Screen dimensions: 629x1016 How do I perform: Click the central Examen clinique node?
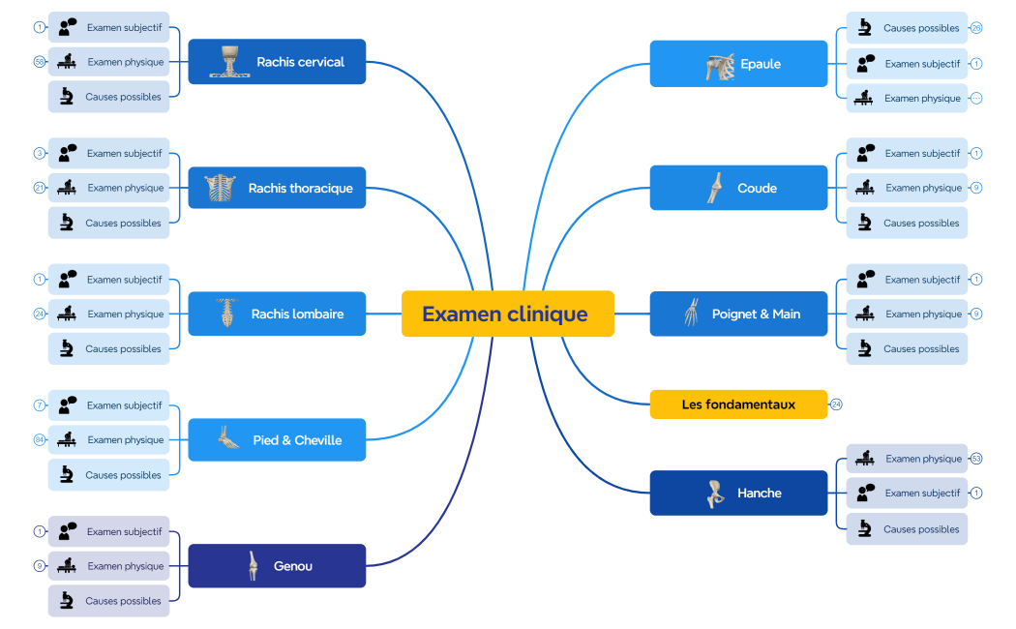(507, 314)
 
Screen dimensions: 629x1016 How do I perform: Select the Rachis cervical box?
(277, 62)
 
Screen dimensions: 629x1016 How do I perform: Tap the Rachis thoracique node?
(277, 188)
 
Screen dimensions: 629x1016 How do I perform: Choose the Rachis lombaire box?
(277, 314)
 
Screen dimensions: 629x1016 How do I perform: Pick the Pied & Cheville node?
(277, 440)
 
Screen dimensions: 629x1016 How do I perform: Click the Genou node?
(277, 566)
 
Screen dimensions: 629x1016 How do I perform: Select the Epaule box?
(738, 64)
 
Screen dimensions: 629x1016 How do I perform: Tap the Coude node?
(738, 188)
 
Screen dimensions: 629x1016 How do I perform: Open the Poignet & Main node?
(738, 314)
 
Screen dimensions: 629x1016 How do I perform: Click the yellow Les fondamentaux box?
(738, 404)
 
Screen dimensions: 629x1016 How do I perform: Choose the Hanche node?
(738, 493)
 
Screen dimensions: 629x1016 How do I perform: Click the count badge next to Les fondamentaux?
(836, 404)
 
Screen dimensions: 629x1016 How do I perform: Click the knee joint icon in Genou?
(253, 566)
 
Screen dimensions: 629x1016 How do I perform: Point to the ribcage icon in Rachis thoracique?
(220, 188)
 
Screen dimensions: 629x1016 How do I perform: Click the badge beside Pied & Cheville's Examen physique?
(40, 440)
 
